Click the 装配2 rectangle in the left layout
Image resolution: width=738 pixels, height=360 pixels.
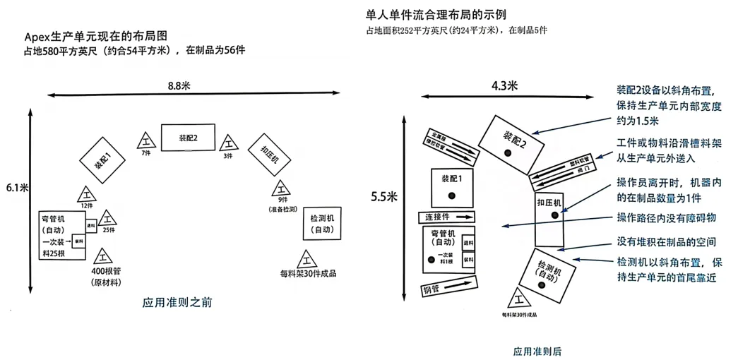point(187,138)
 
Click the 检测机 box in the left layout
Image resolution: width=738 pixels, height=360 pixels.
point(323,224)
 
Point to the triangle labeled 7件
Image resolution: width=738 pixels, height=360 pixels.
point(146,139)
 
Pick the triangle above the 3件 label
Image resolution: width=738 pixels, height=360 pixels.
point(227,142)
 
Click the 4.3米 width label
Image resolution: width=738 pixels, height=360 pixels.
point(504,85)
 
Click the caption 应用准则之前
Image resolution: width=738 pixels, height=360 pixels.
point(177,302)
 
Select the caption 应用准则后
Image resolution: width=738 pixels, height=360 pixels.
point(537,351)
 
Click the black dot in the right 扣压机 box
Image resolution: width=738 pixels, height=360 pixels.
point(555,215)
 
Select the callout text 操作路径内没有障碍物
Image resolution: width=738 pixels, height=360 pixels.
point(666,217)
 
